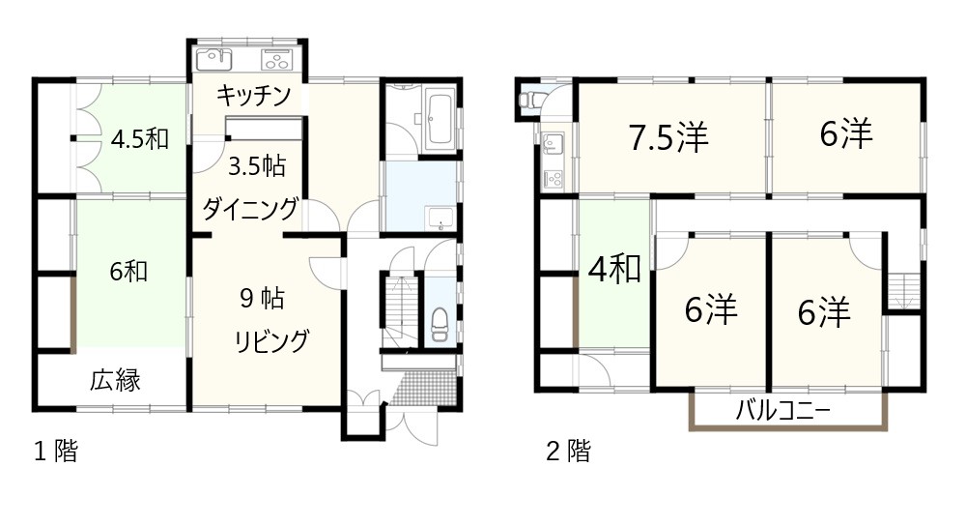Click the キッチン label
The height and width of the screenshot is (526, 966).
pyautogui.click(x=253, y=96)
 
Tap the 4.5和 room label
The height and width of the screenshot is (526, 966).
pyautogui.click(x=140, y=139)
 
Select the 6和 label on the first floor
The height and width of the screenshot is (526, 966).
pyautogui.click(x=128, y=272)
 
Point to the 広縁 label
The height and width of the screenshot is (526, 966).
pyautogui.click(x=116, y=380)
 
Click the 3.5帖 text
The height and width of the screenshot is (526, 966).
pyautogui.click(x=257, y=166)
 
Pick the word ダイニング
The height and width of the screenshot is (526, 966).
pyautogui.click(x=251, y=210)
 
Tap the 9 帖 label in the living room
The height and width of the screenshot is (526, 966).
pyautogui.click(x=263, y=299)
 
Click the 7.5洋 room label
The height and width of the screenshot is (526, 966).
pyautogui.click(x=668, y=137)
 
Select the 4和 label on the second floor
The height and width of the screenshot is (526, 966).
pyautogui.click(x=614, y=270)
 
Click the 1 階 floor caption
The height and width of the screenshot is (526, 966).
pyautogui.click(x=55, y=452)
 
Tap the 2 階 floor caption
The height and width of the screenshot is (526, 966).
pyautogui.click(x=568, y=452)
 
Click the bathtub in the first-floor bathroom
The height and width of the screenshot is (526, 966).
pyautogui.click(x=440, y=119)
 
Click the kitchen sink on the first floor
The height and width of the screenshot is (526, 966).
pyautogui.click(x=213, y=60)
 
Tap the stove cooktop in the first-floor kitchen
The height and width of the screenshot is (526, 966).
pyautogui.click(x=278, y=60)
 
